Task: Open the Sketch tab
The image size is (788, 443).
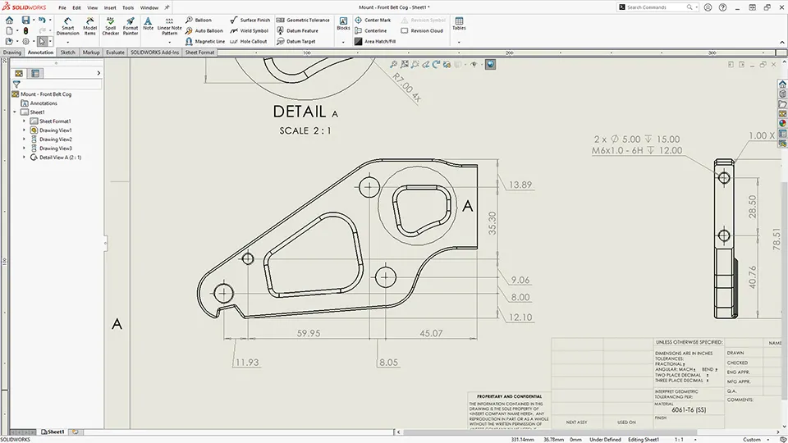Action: (x=67, y=53)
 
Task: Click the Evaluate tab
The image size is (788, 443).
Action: (x=115, y=53)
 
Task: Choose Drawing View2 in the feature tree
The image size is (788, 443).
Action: (x=55, y=139)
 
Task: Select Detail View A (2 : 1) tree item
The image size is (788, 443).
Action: (x=60, y=158)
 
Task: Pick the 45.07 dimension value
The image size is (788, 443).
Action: (x=431, y=334)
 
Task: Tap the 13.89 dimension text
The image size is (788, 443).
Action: (x=520, y=185)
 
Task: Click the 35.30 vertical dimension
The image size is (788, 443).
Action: (x=492, y=222)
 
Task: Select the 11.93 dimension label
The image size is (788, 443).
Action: (x=247, y=363)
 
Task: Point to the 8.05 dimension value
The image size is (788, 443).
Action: (x=388, y=363)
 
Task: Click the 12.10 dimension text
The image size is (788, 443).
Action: (x=520, y=317)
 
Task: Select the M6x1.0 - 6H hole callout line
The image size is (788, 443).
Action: (x=635, y=151)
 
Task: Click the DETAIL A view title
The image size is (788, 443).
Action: (x=305, y=112)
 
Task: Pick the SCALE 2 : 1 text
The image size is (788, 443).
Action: (x=305, y=130)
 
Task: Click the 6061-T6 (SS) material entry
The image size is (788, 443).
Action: (x=693, y=409)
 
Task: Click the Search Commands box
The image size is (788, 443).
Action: (x=662, y=7)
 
